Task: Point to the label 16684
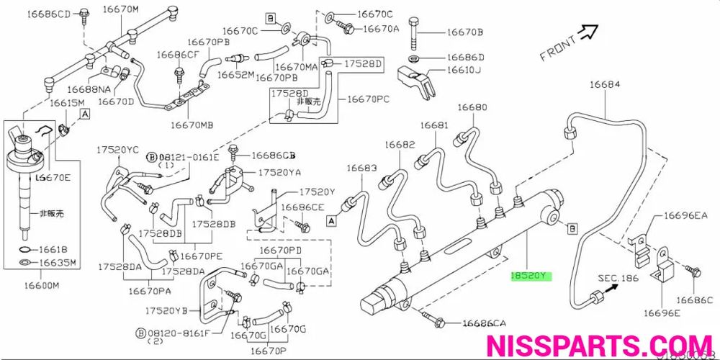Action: pos(604,85)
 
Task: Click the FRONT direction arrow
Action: pos(588,32)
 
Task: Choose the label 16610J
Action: pos(464,70)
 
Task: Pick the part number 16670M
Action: pos(121,9)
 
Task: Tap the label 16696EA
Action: pos(686,215)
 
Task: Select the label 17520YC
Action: pos(118,149)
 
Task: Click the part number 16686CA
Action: pos(484,323)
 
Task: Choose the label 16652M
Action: pos(236,74)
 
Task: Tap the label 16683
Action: pos(361,168)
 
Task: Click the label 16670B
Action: pos(464,32)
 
